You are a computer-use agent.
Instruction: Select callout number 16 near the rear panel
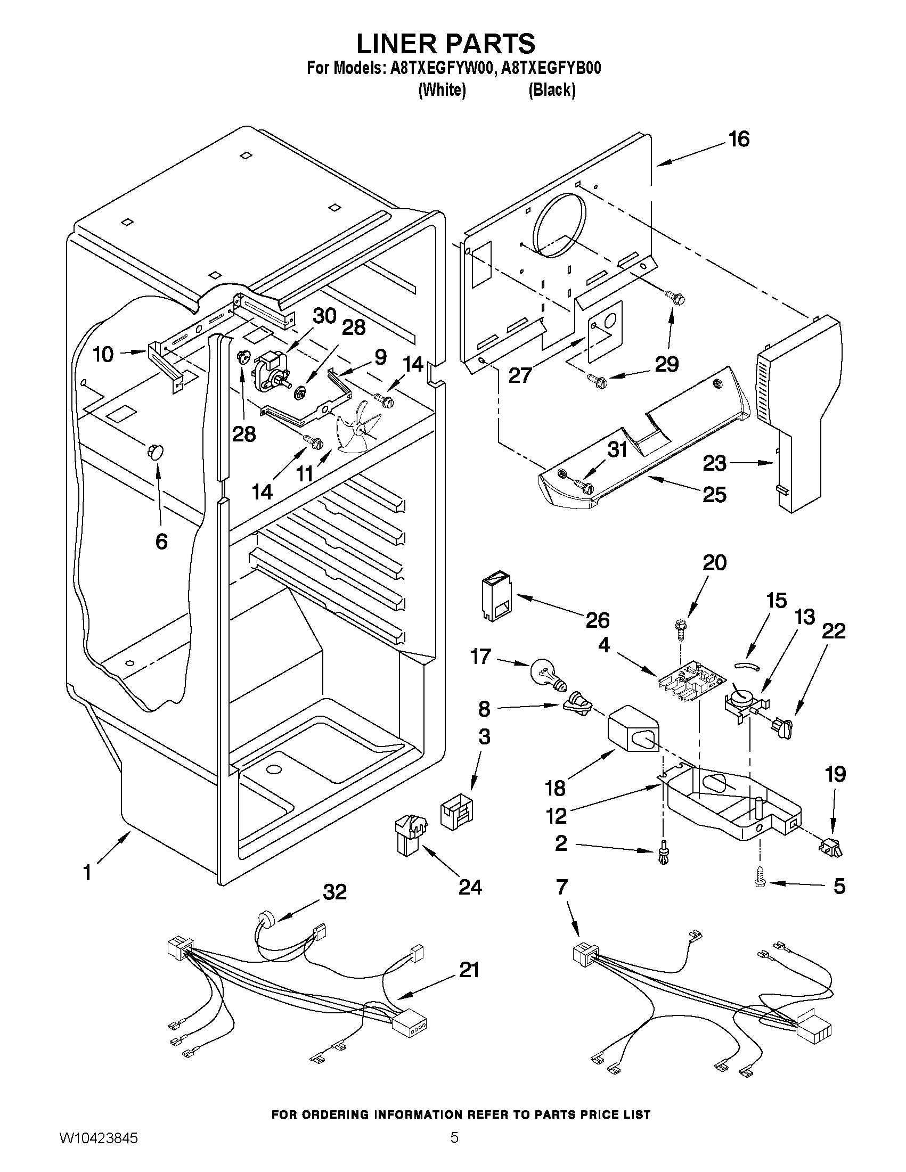click(739, 140)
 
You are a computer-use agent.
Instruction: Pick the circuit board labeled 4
click(692, 681)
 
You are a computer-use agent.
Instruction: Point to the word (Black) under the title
click(552, 90)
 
